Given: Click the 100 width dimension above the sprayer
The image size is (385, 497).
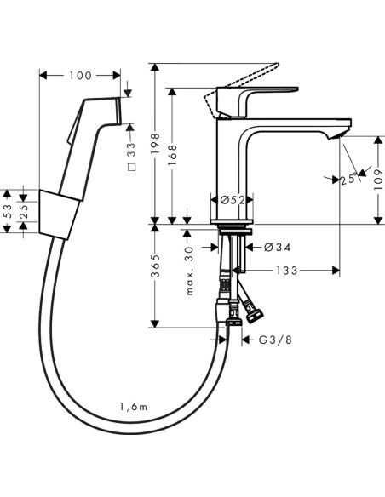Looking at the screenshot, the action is click(80, 76).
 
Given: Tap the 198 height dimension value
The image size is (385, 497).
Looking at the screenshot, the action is click(155, 145).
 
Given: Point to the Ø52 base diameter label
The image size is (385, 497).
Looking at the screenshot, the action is click(233, 200).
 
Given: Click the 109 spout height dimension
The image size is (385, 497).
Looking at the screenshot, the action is click(377, 180).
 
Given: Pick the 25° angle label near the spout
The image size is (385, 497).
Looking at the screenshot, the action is click(349, 180).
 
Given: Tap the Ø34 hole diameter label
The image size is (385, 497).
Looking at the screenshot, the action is click(277, 247).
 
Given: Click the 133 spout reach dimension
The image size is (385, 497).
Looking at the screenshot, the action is click(287, 271).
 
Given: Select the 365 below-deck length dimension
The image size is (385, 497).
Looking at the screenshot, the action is click(155, 266).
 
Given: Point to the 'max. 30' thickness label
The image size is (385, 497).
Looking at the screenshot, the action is click(189, 271).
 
